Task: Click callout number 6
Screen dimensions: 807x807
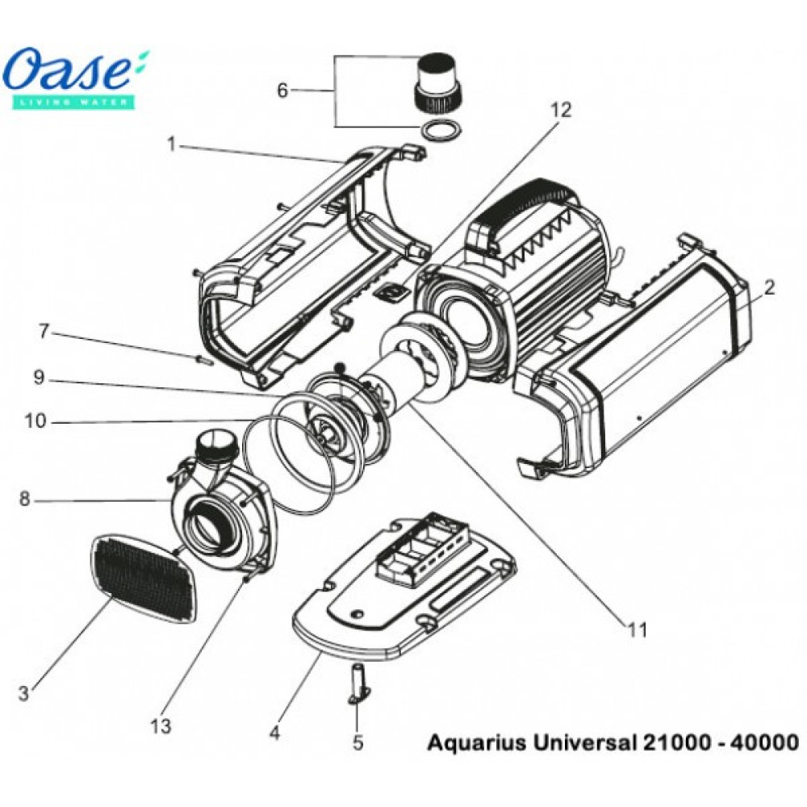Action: coord(282,90)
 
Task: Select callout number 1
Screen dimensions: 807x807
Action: coord(171,145)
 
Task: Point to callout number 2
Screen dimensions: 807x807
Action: coord(769,287)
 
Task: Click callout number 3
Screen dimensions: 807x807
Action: coord(23,692)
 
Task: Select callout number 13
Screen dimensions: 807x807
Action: coord(161,726)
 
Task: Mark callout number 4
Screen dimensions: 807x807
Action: coord(275,734)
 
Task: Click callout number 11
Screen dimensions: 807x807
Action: coord(638,631)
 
